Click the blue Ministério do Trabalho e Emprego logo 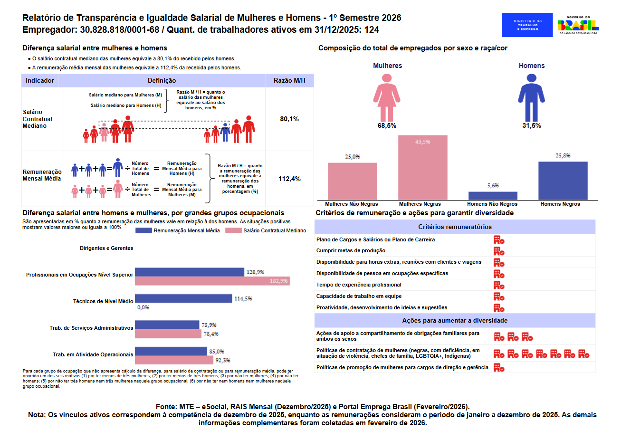click(527, 25)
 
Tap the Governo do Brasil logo click(578, 25)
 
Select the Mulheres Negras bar click(423, 167)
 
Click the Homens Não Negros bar click(493, 196)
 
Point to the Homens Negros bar click(563, 181)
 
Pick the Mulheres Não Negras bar click(353, 182)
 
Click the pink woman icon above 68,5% click(387, 97)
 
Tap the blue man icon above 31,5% click(532, 97)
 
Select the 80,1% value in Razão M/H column click(289, 119)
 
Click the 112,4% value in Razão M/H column click(289, 179)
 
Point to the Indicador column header click(40, 80)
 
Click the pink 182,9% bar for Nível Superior click(212, 281)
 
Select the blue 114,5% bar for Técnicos click(183, 298)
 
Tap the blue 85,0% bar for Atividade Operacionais click(171, 351)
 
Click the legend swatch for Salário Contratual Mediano click(233, 230)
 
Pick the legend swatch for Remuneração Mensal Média click(143, 230)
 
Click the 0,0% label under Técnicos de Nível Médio click(143, 307)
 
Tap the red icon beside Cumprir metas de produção click(499, 251)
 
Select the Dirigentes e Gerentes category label click(106, 248)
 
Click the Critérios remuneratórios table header click(455, 227)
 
